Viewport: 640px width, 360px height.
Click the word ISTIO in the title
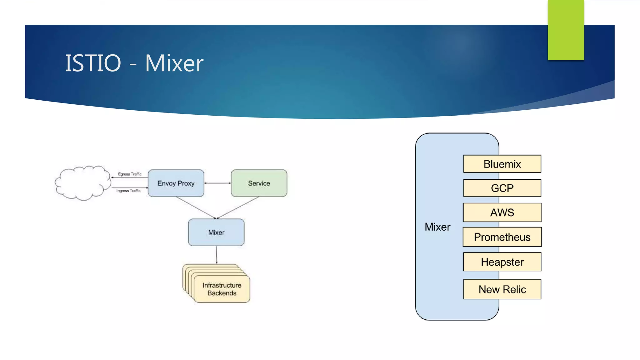click(93, 63)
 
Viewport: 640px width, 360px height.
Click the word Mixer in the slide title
click(174, 63)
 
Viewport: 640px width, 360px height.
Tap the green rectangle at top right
click(566, 30)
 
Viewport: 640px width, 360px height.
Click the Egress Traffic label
click(129, 174)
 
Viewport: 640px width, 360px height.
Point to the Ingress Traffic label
click(128, 191)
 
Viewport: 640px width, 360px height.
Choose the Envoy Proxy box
click(176, 183)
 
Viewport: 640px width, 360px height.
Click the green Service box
click(259, 183)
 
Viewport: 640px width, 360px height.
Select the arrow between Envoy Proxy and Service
click(217, 183)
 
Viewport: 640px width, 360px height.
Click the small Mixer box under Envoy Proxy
click(216, 232)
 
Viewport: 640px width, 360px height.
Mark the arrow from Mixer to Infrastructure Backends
click(217, 255)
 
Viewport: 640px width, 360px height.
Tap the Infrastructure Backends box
click(222, 289)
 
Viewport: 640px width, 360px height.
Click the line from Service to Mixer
click(238, 207)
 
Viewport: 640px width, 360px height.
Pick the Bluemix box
click(502, 164)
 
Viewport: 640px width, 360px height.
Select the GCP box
click(502, 188)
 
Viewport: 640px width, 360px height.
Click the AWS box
click(502, 212)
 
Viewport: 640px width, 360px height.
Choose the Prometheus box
click(502, 237)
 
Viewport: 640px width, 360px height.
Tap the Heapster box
click(502, 262)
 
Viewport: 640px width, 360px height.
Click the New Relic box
click(502, 289)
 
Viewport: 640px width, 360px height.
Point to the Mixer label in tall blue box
click(437, 227)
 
